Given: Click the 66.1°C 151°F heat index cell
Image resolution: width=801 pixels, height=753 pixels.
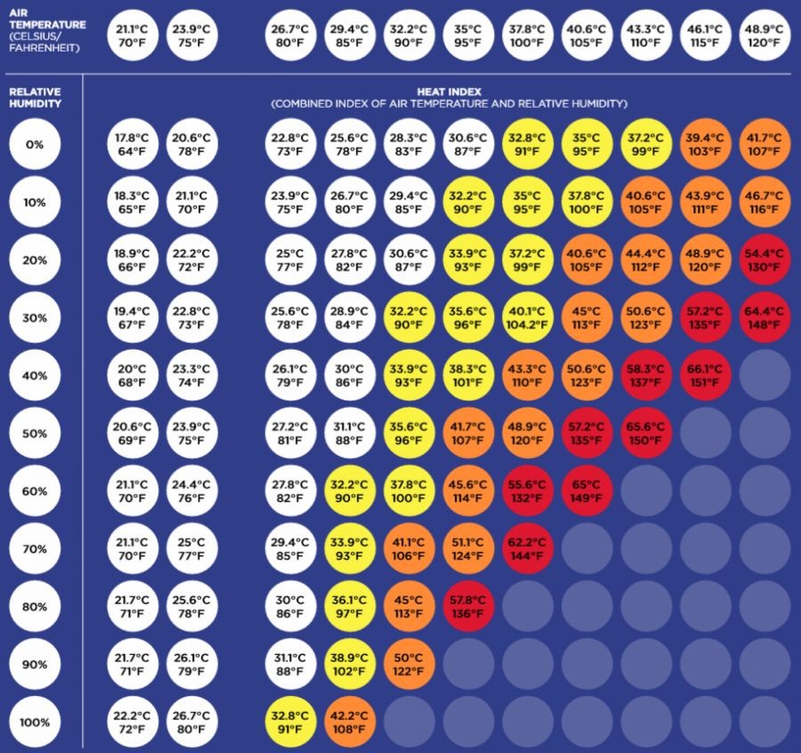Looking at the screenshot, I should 705,375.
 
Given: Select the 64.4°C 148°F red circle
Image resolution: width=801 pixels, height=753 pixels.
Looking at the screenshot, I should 765,319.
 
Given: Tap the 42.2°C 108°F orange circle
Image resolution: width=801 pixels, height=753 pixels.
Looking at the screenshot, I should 350,721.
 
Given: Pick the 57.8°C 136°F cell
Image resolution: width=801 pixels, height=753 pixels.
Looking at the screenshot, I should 468,605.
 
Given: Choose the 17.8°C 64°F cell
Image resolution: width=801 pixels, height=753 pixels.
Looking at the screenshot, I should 132,145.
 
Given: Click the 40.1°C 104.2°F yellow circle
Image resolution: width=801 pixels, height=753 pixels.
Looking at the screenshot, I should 527,319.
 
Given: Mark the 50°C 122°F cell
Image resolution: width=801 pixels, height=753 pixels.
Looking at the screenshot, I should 409,663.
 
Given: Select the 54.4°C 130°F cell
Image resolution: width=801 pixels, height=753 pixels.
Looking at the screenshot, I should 765,260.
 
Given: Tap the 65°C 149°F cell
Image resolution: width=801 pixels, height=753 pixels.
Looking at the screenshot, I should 587,490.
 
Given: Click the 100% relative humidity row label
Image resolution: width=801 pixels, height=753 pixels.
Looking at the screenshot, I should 35,722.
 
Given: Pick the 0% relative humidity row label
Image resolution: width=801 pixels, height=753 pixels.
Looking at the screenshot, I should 35,145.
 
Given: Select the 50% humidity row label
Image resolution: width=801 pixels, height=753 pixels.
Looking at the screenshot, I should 35,433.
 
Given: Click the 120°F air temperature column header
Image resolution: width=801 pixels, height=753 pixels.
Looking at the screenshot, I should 765,35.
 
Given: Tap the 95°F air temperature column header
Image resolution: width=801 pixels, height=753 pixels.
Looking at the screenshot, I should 468,35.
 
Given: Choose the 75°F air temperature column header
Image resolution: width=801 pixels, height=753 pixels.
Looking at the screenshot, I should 191,35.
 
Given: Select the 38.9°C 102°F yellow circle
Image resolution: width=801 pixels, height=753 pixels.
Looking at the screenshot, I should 350,663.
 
